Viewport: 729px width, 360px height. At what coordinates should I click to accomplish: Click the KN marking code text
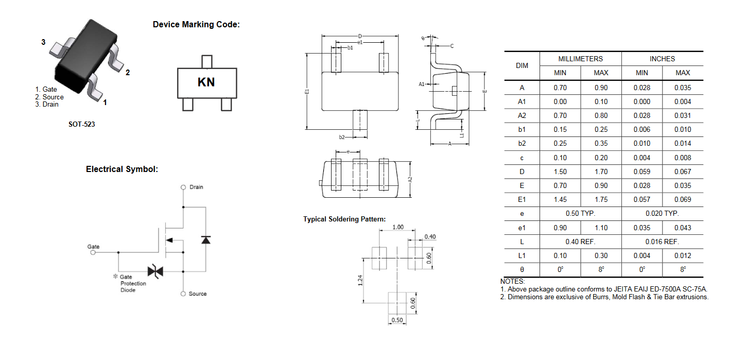coord(206,82)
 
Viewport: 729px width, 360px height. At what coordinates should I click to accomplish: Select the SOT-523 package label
coord(82,124)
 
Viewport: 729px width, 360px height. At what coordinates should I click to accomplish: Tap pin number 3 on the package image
coord(43,42)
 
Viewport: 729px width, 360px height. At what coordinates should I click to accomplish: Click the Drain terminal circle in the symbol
coord(183,187)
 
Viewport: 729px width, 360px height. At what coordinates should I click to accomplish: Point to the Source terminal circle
coord(183,294)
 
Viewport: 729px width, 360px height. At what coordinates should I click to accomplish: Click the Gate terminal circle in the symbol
coord(93,252)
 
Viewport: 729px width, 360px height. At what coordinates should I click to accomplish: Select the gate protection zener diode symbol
coord(155,271)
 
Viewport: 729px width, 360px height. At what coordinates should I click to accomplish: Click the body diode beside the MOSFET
coord(206,240)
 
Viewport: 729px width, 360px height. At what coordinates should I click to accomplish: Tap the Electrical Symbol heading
coord(121,169)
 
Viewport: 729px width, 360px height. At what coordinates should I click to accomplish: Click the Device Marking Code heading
coord(196,24)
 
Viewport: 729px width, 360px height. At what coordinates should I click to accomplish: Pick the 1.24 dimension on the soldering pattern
coord(360,280)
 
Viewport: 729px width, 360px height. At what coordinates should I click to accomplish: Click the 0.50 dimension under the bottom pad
coord(397,320)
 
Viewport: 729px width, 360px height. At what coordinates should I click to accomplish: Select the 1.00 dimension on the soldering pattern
coord(397,227)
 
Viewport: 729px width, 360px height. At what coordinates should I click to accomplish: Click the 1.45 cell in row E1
coord(560,199)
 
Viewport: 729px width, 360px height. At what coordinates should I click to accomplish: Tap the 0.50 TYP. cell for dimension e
coord(580,214)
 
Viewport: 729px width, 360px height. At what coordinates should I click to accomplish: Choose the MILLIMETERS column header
coord(581,59)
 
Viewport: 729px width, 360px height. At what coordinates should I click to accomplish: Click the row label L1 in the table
coord(522,256)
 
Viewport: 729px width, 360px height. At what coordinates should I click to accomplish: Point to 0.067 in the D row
coord(683,172)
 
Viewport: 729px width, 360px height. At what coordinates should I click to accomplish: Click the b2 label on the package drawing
coord(342,138)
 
